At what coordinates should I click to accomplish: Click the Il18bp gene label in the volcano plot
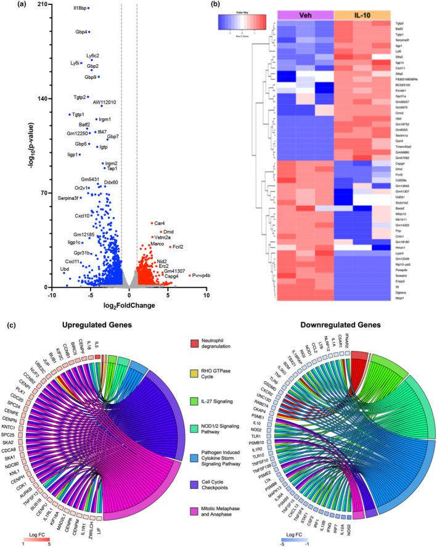(x=80, y=8)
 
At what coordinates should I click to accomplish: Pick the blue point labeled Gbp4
(x=89, y=32)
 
